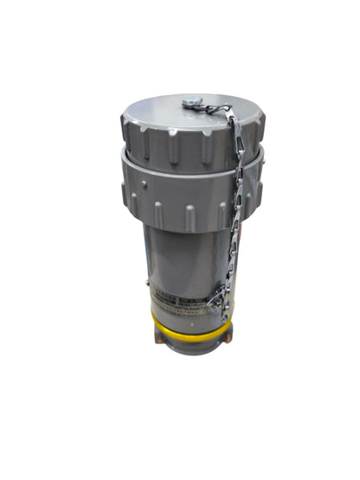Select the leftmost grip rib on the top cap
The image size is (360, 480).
tap(128, 138)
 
